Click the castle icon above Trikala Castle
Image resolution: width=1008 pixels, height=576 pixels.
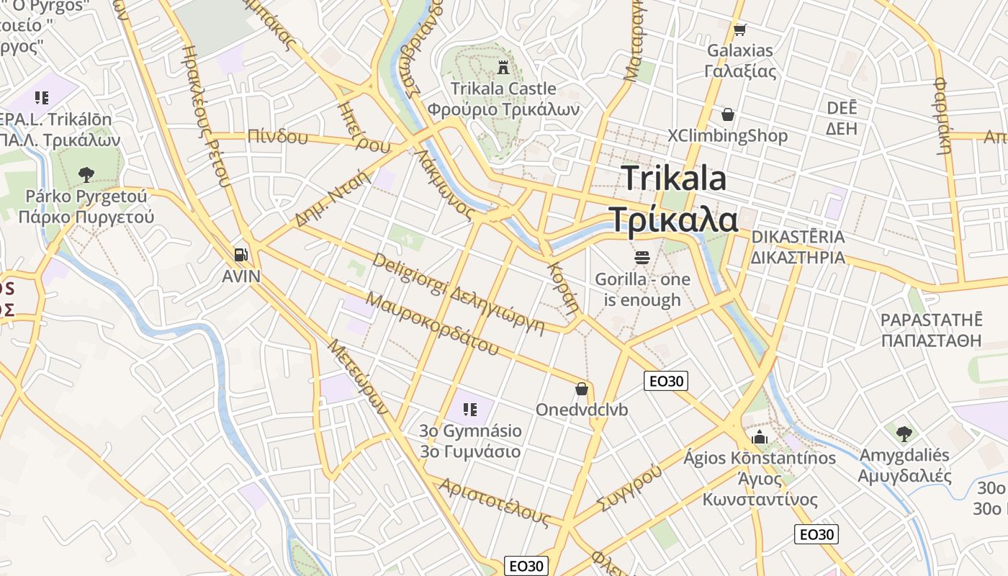503,68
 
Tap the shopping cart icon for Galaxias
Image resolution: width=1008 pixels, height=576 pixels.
739,30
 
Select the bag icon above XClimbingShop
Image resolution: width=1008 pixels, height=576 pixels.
728,114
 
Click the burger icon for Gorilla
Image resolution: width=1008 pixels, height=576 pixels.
642,257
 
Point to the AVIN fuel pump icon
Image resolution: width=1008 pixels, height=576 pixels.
241,254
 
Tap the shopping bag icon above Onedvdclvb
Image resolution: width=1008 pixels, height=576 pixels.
582,389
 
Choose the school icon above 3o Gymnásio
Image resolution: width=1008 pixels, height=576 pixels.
470,410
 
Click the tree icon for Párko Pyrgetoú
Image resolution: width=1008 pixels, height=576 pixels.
86,174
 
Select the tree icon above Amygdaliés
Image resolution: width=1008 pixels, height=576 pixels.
904,433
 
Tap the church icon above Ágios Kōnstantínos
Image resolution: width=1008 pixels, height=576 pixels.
760,437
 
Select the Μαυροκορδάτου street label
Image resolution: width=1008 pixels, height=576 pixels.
432,323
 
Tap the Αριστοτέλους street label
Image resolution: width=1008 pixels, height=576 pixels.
497,502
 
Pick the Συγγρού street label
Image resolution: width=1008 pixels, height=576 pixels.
629,487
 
